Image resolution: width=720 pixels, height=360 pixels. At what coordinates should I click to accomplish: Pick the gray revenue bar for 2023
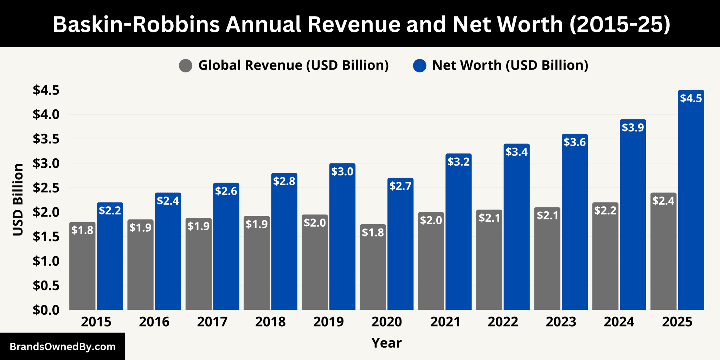pyautogui.click(x=547, y=264)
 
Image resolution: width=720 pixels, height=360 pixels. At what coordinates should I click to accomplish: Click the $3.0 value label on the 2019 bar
pyautogui.click(x=342, y=172)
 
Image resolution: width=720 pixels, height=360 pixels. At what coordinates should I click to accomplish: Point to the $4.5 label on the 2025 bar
pyautogui.click(x=691, y=98)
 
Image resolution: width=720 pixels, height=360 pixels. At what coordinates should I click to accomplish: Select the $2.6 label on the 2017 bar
pyautogui.click(x=226, y=191)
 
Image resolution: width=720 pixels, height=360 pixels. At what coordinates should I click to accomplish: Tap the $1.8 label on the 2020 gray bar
pyautogui.click(x=373, y=232)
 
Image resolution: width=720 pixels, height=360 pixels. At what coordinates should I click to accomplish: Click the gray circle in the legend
pyautogui.click(x=186, y=65)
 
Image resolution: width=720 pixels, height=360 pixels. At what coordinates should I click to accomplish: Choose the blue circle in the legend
pyautogui.click(x=419, y=65)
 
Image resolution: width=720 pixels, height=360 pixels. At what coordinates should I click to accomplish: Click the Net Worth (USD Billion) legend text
pyautogui.click(x=510, y=65)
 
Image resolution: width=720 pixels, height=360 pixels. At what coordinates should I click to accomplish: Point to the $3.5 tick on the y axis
pyautogui.click(x=46, y=139)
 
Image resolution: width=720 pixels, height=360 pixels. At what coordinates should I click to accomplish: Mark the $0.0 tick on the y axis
pyautogui.click(x=46, y=310)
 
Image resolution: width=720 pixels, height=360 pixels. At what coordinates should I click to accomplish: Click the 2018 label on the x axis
pyautogui.click(x=270, y=322)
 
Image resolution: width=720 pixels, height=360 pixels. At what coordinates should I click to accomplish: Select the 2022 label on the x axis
pyautogui.click(x=503, y=322)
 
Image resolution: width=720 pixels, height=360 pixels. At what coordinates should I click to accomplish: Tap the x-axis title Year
pyautogui.click(x=386, y=343)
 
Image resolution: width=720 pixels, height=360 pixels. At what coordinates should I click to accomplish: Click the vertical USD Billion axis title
pyautogui.click(x=18, y=200)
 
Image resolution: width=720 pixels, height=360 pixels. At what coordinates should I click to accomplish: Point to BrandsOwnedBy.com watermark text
pyautogui.click(x=63, y=347)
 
